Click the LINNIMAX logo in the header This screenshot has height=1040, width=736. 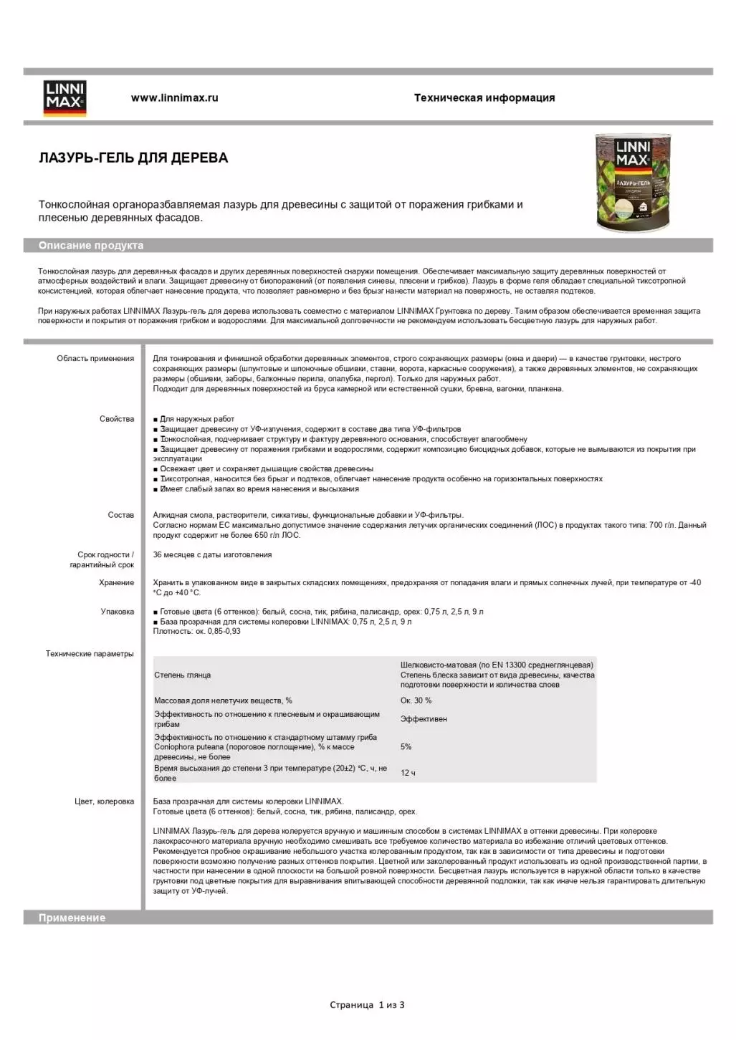(65, 98)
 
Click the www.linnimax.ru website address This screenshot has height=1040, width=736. (174, 98)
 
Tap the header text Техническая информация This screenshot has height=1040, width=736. (484, 98)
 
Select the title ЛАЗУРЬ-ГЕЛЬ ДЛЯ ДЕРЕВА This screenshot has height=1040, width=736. (133, 158)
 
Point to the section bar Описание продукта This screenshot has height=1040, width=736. (91, 246)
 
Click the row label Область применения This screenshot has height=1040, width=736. (95, 359)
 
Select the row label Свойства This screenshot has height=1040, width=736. (117, 419)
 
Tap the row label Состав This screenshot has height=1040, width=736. (120, 515)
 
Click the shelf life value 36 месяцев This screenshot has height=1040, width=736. (212, 554)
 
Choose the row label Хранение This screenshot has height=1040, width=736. (116, 583)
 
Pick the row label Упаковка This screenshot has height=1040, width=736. (118, 612)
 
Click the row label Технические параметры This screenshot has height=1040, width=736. (90, 654)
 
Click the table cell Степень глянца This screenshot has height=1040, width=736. (182, 675)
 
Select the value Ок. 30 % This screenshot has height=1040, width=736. (416, 700)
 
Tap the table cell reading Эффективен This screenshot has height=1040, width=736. (423, 719)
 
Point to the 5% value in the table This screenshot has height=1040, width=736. (406, 747)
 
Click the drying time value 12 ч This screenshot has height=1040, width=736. (408, 773)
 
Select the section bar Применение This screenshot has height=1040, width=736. (72, 918)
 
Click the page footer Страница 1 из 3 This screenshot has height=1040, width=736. (367, 1005)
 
